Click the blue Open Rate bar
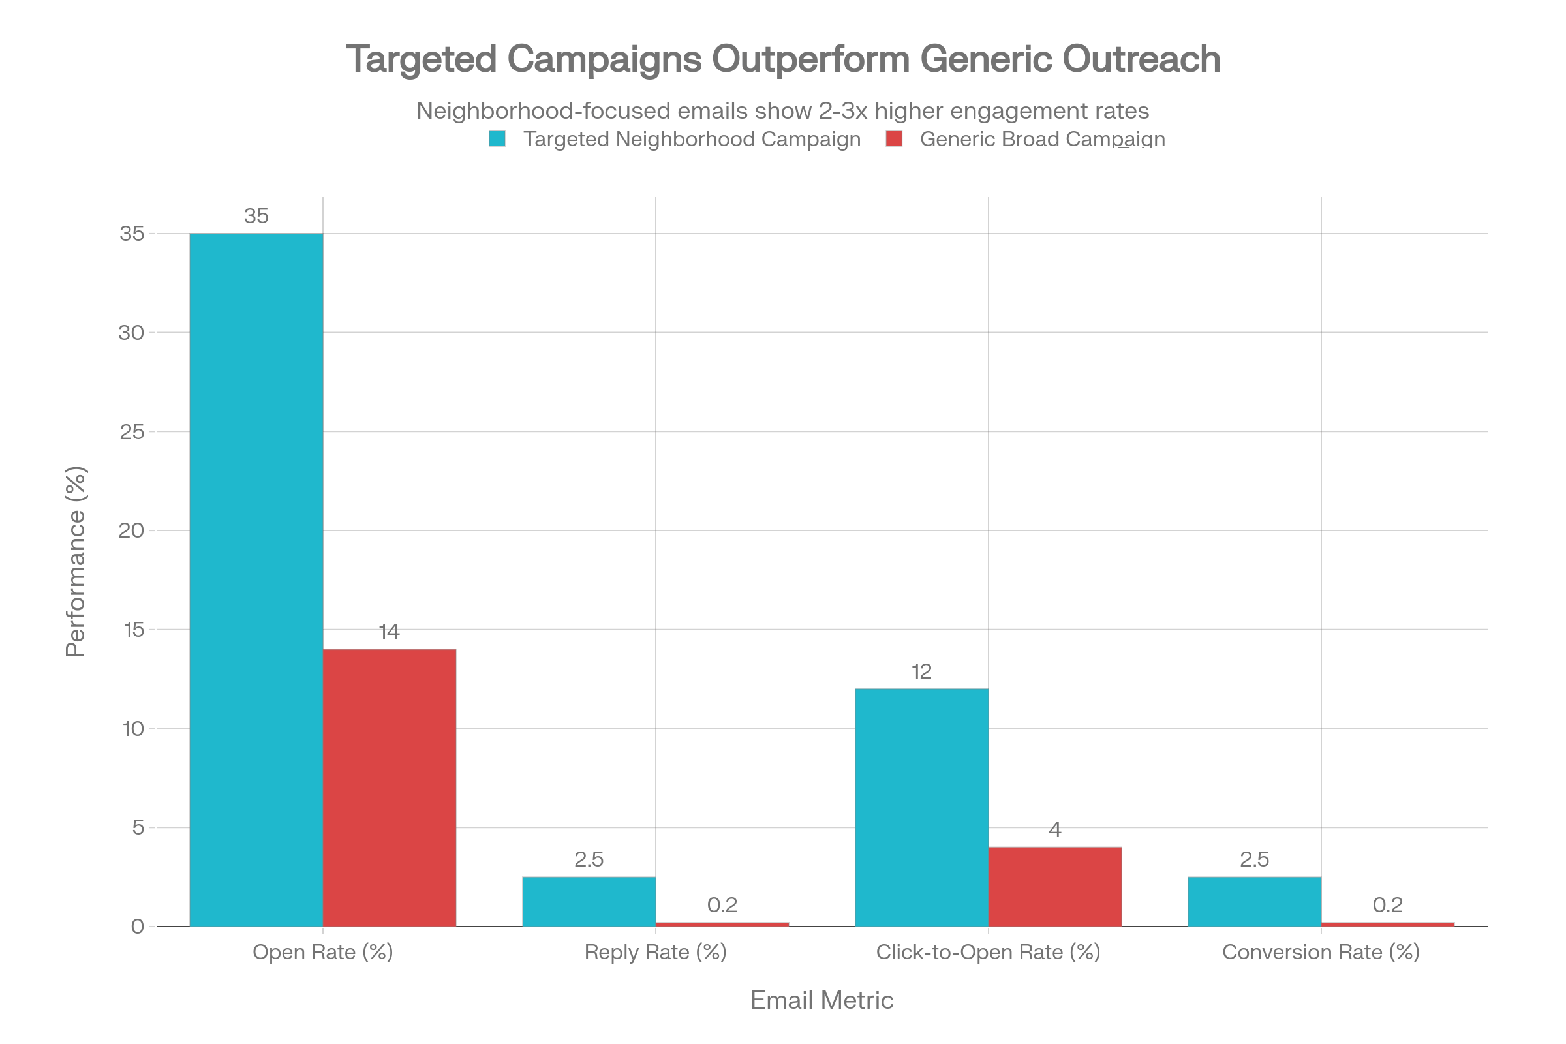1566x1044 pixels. coord(256,579)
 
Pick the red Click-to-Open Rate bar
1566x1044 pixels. coord(1054,886)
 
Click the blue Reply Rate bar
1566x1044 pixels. coord(589,901)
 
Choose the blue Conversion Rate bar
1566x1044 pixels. coord(1254,901)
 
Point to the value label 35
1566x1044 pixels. coord(256,216)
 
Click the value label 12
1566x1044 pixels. coord(921,671)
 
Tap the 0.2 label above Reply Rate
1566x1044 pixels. coord(722,904)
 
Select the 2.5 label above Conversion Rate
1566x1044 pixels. coord(1254,859)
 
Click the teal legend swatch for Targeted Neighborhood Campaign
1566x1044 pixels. coord(497,138)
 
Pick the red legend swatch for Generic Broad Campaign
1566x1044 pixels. coord(894,138)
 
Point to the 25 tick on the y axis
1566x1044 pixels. coord(132,432)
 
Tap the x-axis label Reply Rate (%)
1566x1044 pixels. coord(655,952)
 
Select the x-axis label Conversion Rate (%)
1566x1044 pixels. coord(1321,952)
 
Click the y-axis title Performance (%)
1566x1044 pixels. coord(76,561)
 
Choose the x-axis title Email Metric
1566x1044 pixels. coord(821,1000)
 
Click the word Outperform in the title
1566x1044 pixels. coord(810,59)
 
